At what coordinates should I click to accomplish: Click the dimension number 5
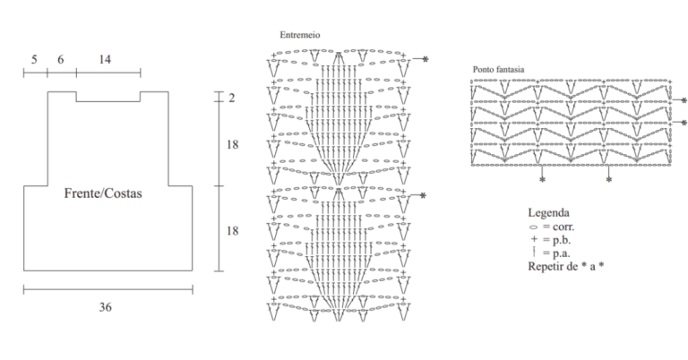[34, 59]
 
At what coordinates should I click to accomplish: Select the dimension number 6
[61, 59]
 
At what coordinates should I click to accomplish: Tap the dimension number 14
[105, 59]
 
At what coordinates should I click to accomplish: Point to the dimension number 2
[232, 98]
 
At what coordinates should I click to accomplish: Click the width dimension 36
[106, 307]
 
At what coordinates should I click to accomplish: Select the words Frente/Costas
[103, 193]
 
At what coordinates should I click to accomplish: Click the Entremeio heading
[300, 35]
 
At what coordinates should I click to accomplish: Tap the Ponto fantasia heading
[498, 69]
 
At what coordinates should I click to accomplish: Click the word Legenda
[548, 212]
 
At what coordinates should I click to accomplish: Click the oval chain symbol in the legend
[534, 227]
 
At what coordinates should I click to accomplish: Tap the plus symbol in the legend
[534, 239]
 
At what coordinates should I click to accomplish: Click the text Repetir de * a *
[566, 266]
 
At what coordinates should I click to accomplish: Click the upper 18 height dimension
[233, 144]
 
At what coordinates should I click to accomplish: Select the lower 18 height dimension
[233, 231]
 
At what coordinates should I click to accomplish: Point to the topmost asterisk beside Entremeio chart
[426, 59]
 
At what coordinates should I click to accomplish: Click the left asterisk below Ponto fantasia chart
[542, 180]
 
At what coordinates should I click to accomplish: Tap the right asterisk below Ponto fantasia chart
[608, 180]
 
